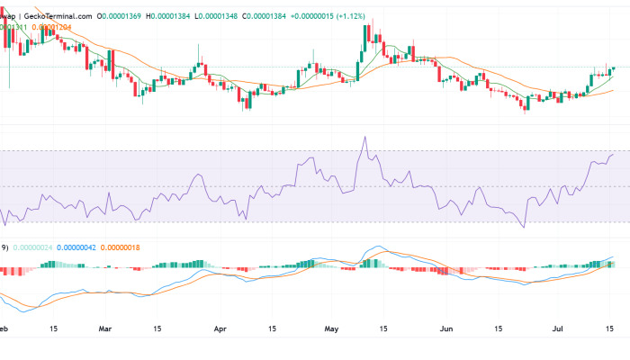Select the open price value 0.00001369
(x=125, y=16)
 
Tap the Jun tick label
(x=446, y=329)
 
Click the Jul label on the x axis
(x=557, y=329)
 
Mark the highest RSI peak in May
(x=365, y=137)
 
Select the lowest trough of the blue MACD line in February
(x=24, y=310)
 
